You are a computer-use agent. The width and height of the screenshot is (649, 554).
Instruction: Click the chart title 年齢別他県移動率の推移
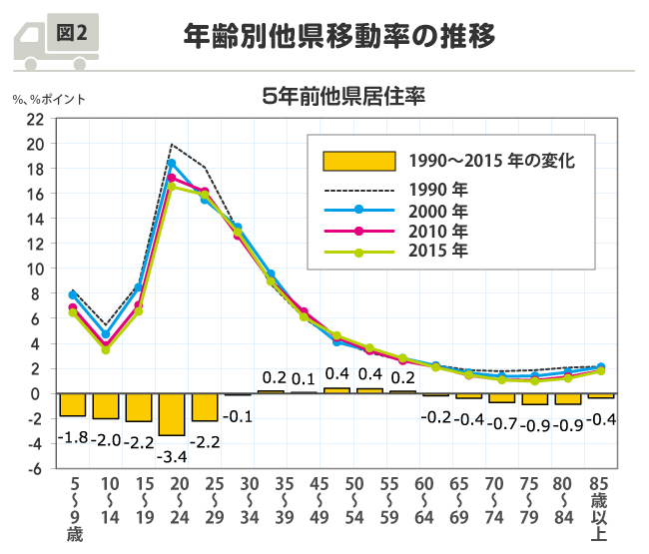tap(339, 36)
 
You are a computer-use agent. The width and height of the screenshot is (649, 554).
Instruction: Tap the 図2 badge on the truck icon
tap(72, 32)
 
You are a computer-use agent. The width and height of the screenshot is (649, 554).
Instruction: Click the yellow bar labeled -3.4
tap(171, 414)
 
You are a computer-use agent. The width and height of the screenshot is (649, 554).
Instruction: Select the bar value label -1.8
tap(72, 437)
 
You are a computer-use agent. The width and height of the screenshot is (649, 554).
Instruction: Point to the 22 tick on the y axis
tap(35, 118)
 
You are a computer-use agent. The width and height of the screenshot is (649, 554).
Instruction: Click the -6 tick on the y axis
tap(35, 468)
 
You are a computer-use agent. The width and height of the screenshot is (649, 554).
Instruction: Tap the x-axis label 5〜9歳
tap(74, 510)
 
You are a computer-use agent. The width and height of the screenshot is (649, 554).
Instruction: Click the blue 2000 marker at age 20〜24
tap(172, 164)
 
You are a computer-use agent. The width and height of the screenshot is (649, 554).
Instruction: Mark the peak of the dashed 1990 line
tap(172, 145)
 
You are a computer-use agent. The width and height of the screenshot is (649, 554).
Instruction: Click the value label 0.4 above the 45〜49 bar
tap(337, 374)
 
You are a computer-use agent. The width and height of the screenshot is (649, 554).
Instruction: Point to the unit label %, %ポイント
tap(50, 99)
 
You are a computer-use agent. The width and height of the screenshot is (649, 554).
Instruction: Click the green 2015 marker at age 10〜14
tap(106, 349)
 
